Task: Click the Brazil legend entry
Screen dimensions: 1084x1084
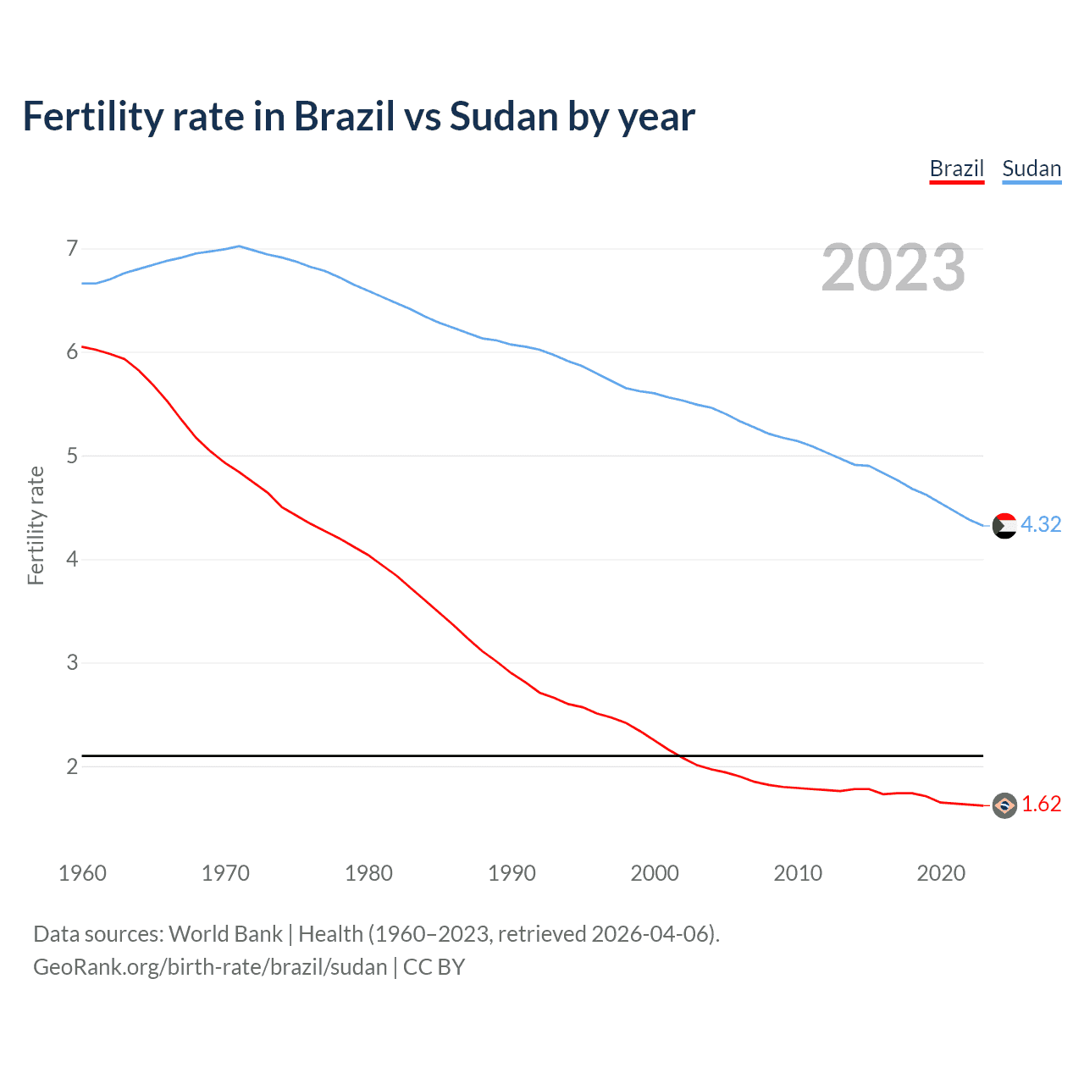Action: [956, 169]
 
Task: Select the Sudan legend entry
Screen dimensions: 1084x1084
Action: [1031, 169]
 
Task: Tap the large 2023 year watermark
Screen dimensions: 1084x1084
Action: [893, 268]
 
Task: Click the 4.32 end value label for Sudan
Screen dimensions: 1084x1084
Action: [1041, 524]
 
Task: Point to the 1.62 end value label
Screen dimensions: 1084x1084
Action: [1041, 804]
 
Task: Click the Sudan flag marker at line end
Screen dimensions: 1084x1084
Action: [1004, 526]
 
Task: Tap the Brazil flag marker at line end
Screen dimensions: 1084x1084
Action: [1004, 805]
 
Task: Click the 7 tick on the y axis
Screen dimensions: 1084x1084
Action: [72, 248]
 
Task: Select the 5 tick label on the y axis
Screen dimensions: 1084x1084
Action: [72, 456]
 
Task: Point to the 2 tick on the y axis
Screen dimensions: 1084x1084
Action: [72, 766]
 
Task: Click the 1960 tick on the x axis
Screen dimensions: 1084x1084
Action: [82, 873]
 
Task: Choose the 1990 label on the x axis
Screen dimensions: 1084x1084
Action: [512, 873]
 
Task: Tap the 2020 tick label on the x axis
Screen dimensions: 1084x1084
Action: [941, 873]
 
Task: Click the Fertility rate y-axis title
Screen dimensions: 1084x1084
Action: [36, 525]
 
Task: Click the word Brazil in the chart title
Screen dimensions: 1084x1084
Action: [344, 116]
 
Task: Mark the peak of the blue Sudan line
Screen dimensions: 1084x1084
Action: [239, 246]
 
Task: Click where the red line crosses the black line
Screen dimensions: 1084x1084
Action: [680, 755]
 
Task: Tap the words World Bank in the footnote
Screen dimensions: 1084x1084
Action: [225, 934]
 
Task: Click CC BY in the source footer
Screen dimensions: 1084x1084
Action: [434, 967]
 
